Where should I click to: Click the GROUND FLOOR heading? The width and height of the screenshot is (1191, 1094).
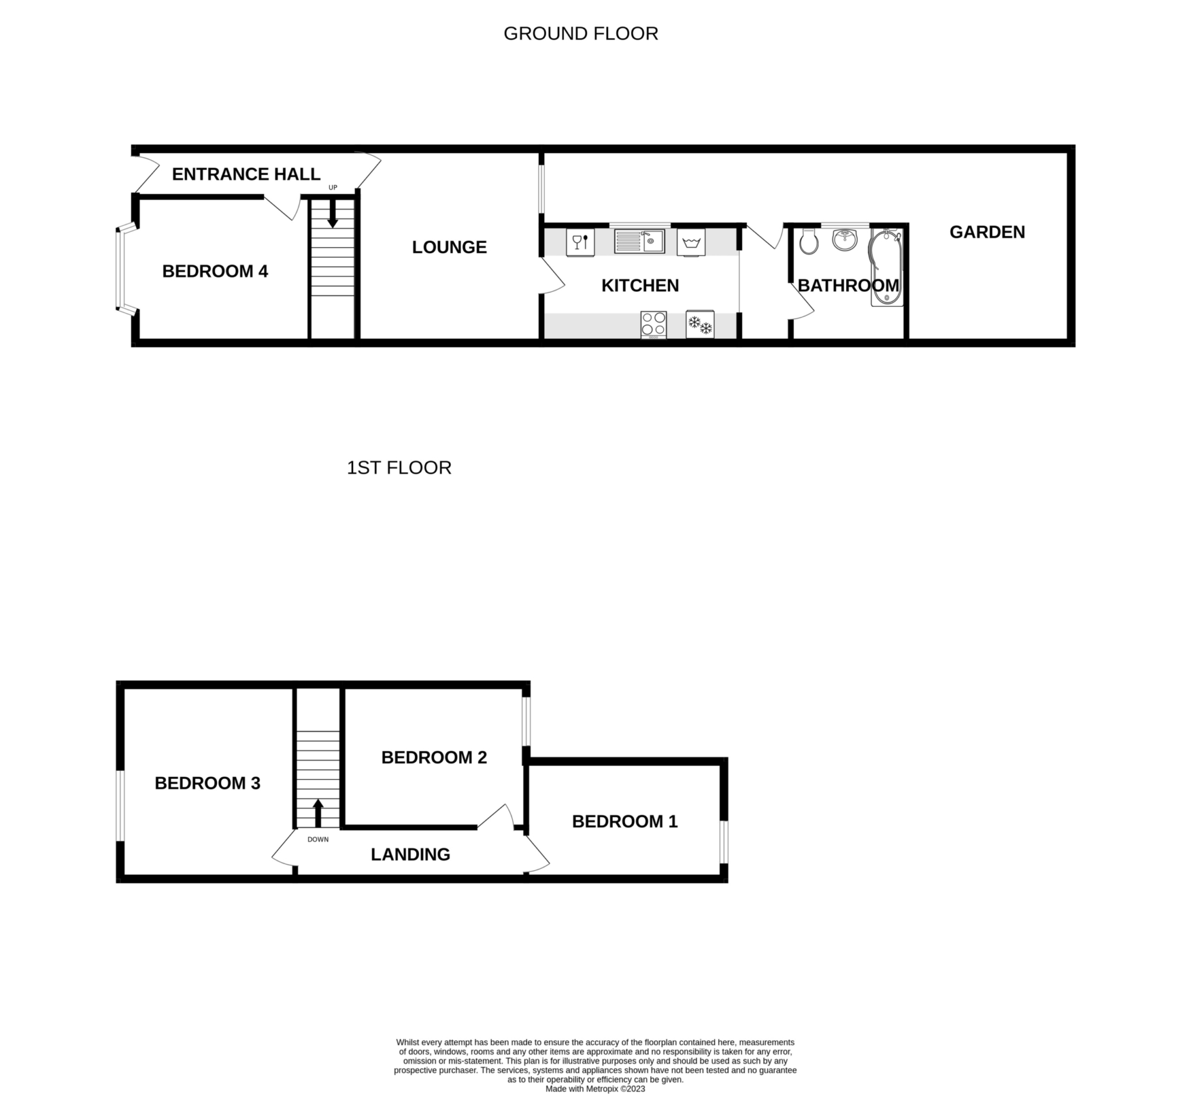click(581, 33)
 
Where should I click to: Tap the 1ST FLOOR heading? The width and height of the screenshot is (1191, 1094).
click(399, 467)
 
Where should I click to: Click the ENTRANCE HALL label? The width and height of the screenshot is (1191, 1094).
click(246, 174)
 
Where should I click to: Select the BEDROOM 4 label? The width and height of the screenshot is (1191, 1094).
click(215, 271)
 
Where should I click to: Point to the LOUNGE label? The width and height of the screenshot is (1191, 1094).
click(450, 247)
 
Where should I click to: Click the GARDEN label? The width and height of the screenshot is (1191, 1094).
click(987, 232)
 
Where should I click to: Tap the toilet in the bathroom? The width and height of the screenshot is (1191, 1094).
click(808, 240)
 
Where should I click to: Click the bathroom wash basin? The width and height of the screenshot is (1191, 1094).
click(844, 239)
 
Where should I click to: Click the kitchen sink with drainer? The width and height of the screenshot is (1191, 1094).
click(639, 241)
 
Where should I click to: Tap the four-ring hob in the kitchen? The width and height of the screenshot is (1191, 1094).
click(653, 325)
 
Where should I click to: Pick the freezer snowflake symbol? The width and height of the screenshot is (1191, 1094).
click(700, 325)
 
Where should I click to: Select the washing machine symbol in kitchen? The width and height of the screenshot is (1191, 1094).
click(691, 242)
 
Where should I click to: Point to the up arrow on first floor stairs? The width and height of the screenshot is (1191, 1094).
click(318, 813)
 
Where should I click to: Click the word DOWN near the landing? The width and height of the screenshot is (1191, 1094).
click(318, 840)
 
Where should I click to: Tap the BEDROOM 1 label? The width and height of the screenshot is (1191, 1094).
click(625, 821)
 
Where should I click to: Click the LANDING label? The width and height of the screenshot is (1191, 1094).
click(410, 855)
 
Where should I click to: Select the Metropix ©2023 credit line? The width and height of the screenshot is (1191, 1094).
click(595, 1089)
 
